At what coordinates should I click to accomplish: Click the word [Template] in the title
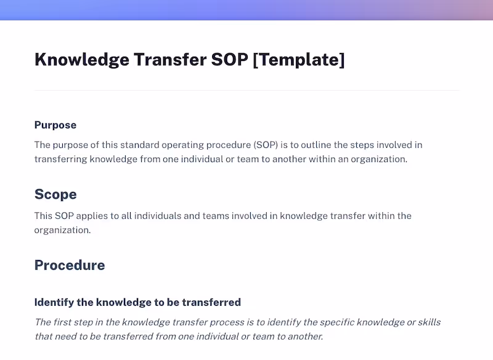tap(299, 60)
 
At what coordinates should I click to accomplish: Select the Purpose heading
tap(55, 125)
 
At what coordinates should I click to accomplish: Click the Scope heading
tap(55, 195)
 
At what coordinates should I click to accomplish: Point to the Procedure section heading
tap(70, 266)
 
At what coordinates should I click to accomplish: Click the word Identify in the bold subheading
tap(54, 303)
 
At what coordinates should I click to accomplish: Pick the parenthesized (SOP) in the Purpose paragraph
tap(268, 145)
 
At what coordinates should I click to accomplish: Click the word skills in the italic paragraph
tap(429, 322)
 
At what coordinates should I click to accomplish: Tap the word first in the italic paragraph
tap(63, 322)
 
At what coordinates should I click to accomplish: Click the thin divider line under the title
tap(246, 91)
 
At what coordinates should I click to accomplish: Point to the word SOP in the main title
tap(229, 60)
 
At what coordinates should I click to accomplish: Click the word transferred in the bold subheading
tap(212, 303)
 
